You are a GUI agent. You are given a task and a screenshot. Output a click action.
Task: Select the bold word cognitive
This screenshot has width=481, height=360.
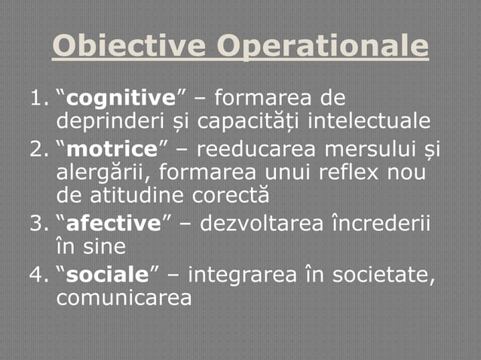[x=111, y=98]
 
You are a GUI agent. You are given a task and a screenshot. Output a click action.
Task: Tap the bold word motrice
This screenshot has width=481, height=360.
[x=103, y=146]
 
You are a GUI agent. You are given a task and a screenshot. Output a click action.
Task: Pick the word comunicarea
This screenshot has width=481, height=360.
[x=124, y=297]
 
